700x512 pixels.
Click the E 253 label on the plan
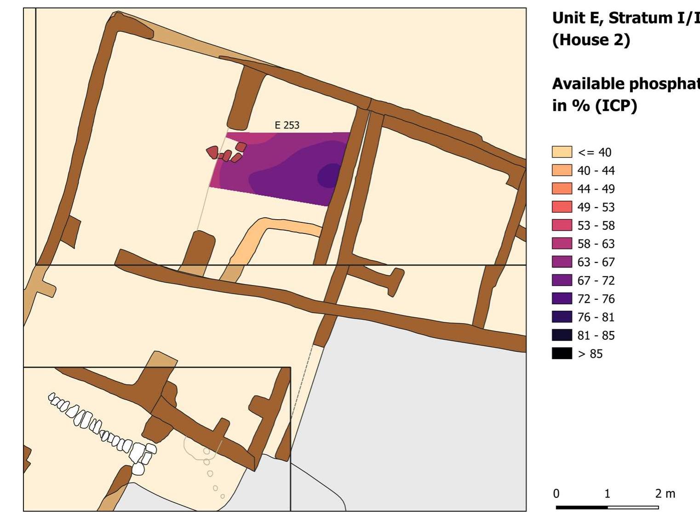pos(287,125)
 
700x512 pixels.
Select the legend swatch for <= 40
pos(562,152)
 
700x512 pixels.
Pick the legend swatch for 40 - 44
pos(562,170)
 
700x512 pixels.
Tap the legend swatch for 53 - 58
pos(562,225)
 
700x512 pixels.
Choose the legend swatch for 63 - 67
pos(562,262)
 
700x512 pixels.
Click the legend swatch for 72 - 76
pos(562,298)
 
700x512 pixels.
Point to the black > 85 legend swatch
pos(562,354)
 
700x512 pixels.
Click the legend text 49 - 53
pos(596,207)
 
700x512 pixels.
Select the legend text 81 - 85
pos(596,335)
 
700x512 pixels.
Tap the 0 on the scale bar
pos(557,494)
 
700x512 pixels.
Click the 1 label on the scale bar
pos(607,494)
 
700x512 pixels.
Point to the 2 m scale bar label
pos(665,494)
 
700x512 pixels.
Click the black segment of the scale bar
pos(582,507)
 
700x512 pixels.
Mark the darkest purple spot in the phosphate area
pos(329,176)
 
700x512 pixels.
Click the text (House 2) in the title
pos(591,40)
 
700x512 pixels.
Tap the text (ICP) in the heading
pos(616,106)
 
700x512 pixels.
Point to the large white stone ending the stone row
pos(138,469)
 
